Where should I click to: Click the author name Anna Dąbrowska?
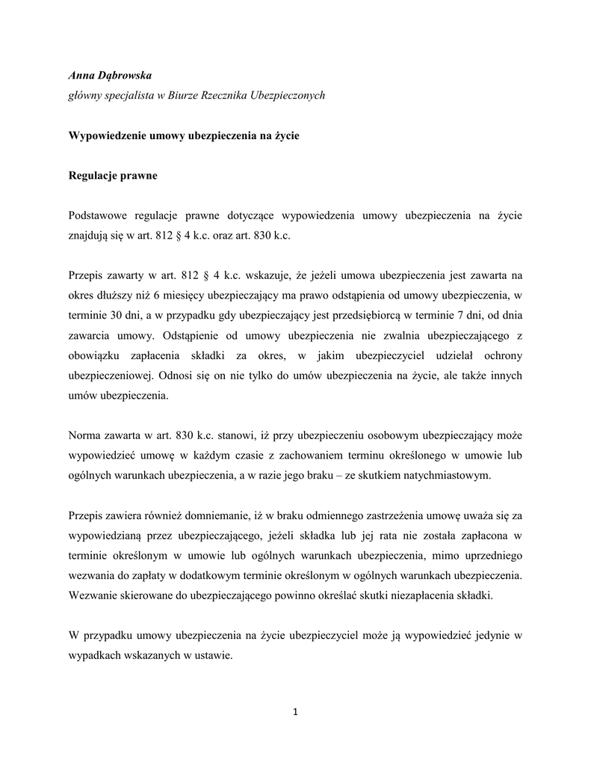(109, 76)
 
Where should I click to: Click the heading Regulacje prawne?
(112, 177)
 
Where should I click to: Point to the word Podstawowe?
(97, 216)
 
